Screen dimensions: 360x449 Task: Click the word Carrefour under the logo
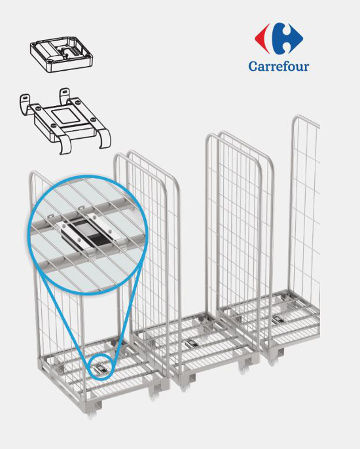pyautogui.click(x=279, y=66)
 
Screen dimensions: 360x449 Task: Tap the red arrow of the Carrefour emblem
pyautogui.click(x=262, y=38)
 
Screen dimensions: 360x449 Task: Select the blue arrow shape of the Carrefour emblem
pyautogui.click(x=287, y=38)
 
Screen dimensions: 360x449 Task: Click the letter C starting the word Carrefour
pyautogui.click(x=253, y=66)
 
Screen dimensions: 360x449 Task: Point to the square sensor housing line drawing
pyautogui.click(x=61, y=54)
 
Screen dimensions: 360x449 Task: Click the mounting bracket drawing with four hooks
pyautogui.click(x=65, y=120)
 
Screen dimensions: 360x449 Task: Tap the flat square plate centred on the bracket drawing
pyautogui.click(x=66, y=117)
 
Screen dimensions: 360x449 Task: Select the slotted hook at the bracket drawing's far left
pyautogui.click(x=24, y=104)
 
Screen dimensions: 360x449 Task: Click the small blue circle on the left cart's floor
pyautogui.click(x=102, y=368)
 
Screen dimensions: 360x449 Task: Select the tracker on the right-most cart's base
pyautogui.click(x=277, y=319)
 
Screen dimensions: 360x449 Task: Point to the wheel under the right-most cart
pyautogui.click(x=273, y=359)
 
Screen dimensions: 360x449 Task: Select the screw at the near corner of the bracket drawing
pyautogui.click(x=53, y=126)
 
